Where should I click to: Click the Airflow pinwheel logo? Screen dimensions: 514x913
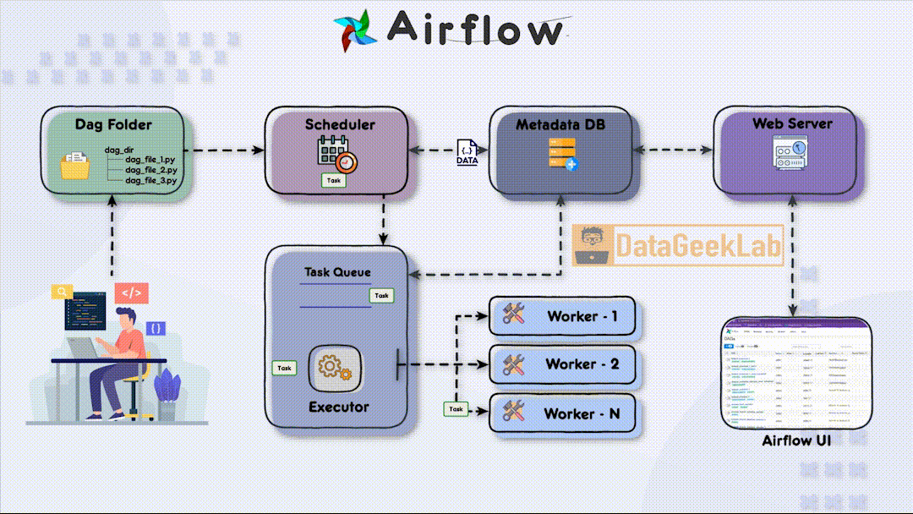point(355,30)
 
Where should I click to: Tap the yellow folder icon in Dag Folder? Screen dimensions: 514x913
point(75,165)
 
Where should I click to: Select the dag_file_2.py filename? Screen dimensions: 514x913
point(150,170)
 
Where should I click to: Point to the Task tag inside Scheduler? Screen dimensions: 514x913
point(333,180)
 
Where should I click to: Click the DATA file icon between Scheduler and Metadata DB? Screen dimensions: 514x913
point(467,152)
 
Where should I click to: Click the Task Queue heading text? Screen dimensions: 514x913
point(337,272)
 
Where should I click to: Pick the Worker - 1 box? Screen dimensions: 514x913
point(564,316)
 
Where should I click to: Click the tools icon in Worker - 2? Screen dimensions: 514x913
point(514,364)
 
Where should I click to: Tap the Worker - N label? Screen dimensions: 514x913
point(582,413)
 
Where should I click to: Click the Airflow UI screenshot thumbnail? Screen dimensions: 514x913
point(796,375)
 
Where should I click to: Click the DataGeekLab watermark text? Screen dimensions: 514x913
point(697,245)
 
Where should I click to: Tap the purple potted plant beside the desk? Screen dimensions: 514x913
point(167,389)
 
